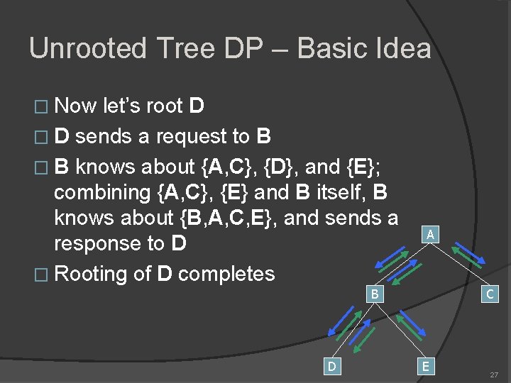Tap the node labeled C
click(x=489, y=293)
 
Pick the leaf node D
click(x=331, y=366)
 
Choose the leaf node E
click(x=425, y=366)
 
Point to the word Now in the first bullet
click(x=76, y=106)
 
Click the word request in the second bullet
click(x=188, y=136)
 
